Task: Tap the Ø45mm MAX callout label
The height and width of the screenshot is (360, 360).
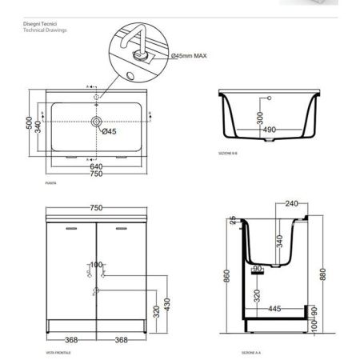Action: click(190, 54)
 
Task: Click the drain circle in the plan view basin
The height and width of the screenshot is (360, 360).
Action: click(96, 122)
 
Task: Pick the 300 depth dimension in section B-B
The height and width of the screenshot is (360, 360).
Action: click(259, 116)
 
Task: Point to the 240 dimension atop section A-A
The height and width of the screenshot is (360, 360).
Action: click(280, 204)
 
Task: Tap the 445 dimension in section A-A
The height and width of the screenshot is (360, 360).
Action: click(275, 308)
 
